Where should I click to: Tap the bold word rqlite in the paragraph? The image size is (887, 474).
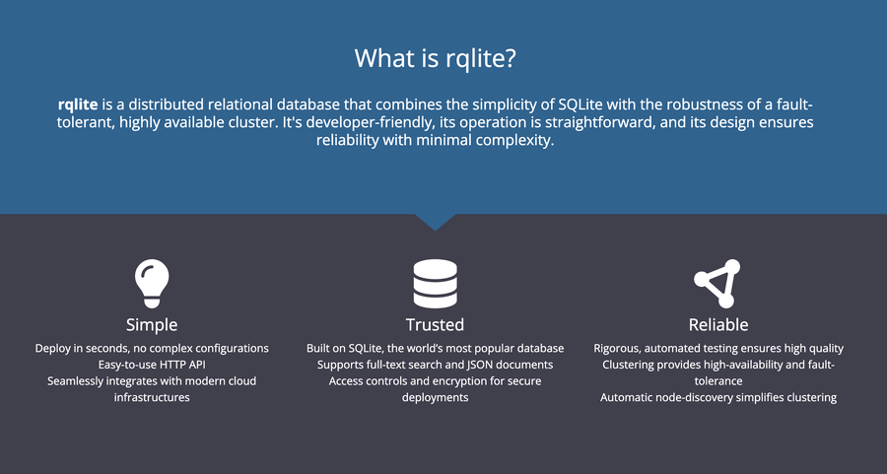click(78, 104)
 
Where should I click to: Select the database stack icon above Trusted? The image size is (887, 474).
click(435, 284)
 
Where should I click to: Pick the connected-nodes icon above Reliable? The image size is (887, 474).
click(716, 283)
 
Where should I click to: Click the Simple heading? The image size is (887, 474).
click(152, 324)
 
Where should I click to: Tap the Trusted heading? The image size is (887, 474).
click(435, 324)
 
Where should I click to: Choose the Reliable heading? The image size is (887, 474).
click(717, 324)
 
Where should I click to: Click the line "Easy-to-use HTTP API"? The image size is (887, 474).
click(152, 365)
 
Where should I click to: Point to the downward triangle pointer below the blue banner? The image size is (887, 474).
click(435, 222)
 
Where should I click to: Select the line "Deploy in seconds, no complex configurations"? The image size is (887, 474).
click(152, 348)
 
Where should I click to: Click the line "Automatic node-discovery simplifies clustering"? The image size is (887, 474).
click(717, 397)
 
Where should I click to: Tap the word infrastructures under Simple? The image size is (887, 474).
click(152, 397)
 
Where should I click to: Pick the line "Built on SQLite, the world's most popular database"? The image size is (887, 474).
click(435, 348)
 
